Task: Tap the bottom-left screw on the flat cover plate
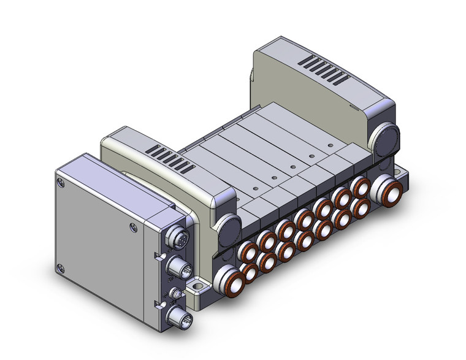point(60,267)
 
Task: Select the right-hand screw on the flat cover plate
point(134,228)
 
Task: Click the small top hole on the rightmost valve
point(330,145)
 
